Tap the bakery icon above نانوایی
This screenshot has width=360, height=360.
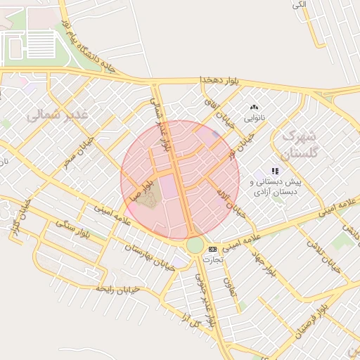[x=254, y=108]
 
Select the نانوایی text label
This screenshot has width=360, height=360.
[x=254, y=118]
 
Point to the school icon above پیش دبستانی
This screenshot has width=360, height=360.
[x=276, y=170]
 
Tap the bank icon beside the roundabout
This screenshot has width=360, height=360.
[x=213, y=249]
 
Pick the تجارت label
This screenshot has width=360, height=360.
[x=213, y=259]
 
